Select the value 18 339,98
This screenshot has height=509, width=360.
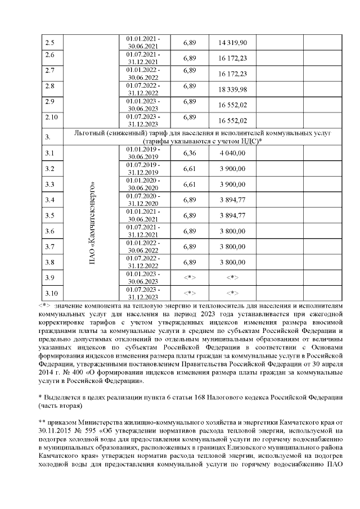tap(232, 89)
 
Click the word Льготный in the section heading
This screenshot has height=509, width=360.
tap(90, 134)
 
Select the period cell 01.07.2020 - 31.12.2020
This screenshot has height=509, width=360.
tap(143, 200)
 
